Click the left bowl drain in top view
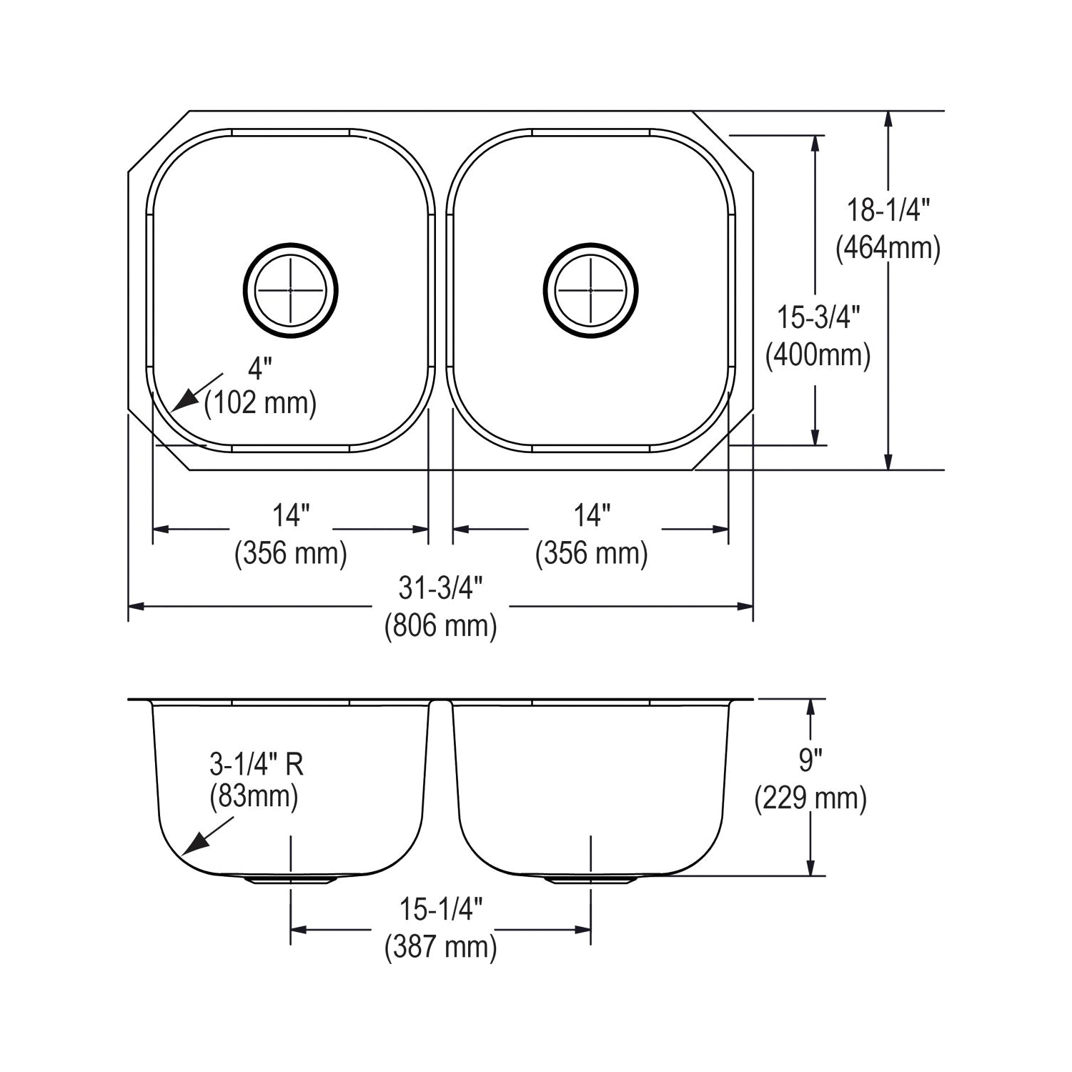(x=290, y=291)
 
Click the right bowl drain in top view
(x=590, y=291)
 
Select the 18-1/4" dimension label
(x=888, y=210)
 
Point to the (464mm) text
(x=888, y=248)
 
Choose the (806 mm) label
(x=441, y=626)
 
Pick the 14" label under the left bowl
(x=291, y=515)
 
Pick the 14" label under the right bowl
(x=592, y=515)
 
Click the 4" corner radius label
(x=260, y=369)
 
